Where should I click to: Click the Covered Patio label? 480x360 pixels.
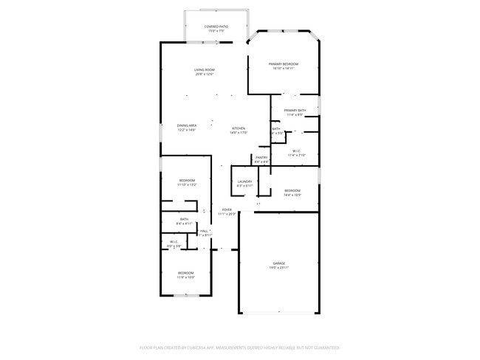pyautogui.click(x=216, y=27)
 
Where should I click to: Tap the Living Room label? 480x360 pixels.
pyautogui.click(x=205, y=70)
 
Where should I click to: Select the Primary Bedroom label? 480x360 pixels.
pyautogui.click(x=284, y=64)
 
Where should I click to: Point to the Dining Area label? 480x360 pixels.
pyautogui.click(x=187, y=125)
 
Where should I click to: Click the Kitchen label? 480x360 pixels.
pyautogui.click(x=238, y=128)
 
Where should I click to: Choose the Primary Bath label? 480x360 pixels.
pyautogui.click(x=295, y=111)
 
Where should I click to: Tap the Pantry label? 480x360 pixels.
pyautogui.click(x=261, y=157)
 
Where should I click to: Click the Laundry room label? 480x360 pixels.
pyautogui.click(x=244, y=181)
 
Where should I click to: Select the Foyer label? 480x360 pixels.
pyautogui.click(x=227, y=210)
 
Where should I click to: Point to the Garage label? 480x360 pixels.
pyautogui.click(x=279, y=263)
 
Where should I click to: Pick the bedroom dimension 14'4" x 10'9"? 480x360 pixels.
pyautogui.click(x=293, y=195)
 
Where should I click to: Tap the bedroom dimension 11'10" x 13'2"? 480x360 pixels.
pyautogui.click(x=187, y=185)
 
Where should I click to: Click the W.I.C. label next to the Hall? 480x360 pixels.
pyautogui.click(x=174, y=241)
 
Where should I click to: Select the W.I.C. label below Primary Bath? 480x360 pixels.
pyautogui.click(x=295, y=150)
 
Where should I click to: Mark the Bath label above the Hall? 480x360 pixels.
pyautogui.click(x=184, y=218)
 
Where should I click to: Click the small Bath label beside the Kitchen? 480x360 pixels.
pyautogui.click(x=276, y=129)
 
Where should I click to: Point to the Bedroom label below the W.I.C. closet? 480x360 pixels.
pyautogui.click(x=186, y=272)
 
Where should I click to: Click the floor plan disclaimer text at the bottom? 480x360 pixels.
pyautogui.click(x=239, y=347)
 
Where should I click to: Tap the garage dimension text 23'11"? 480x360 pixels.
pyautogui.click(x=284, y=268)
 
